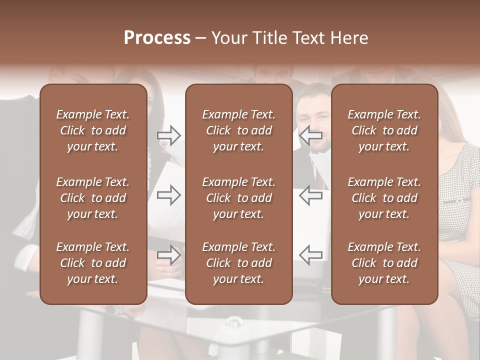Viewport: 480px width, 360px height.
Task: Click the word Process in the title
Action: coord(157,38)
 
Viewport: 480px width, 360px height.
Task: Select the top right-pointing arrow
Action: coord(169,135)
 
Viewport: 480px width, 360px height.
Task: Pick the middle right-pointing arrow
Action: coord(169,195)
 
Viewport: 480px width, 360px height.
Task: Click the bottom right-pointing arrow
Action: coord(169,254)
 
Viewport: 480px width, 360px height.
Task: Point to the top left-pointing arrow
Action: coord(310,135)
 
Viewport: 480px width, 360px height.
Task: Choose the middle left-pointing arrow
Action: coord(310,195)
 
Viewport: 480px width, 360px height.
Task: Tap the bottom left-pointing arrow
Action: coord(310,254)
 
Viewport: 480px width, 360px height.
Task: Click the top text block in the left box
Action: coord(93,130)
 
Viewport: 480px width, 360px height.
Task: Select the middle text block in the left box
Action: coord(93,198)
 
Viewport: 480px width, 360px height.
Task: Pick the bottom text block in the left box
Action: coord(93,263)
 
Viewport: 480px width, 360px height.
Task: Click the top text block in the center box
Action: coord(239,130)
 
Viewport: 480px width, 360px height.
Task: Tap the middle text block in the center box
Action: coord(239,198)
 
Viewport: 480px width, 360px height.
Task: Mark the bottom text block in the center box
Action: coord(239,263)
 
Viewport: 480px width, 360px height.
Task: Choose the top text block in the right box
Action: coord(384,130)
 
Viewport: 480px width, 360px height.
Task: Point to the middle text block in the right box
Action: coord(384,198)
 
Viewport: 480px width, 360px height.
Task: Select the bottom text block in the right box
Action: coord(384,263)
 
